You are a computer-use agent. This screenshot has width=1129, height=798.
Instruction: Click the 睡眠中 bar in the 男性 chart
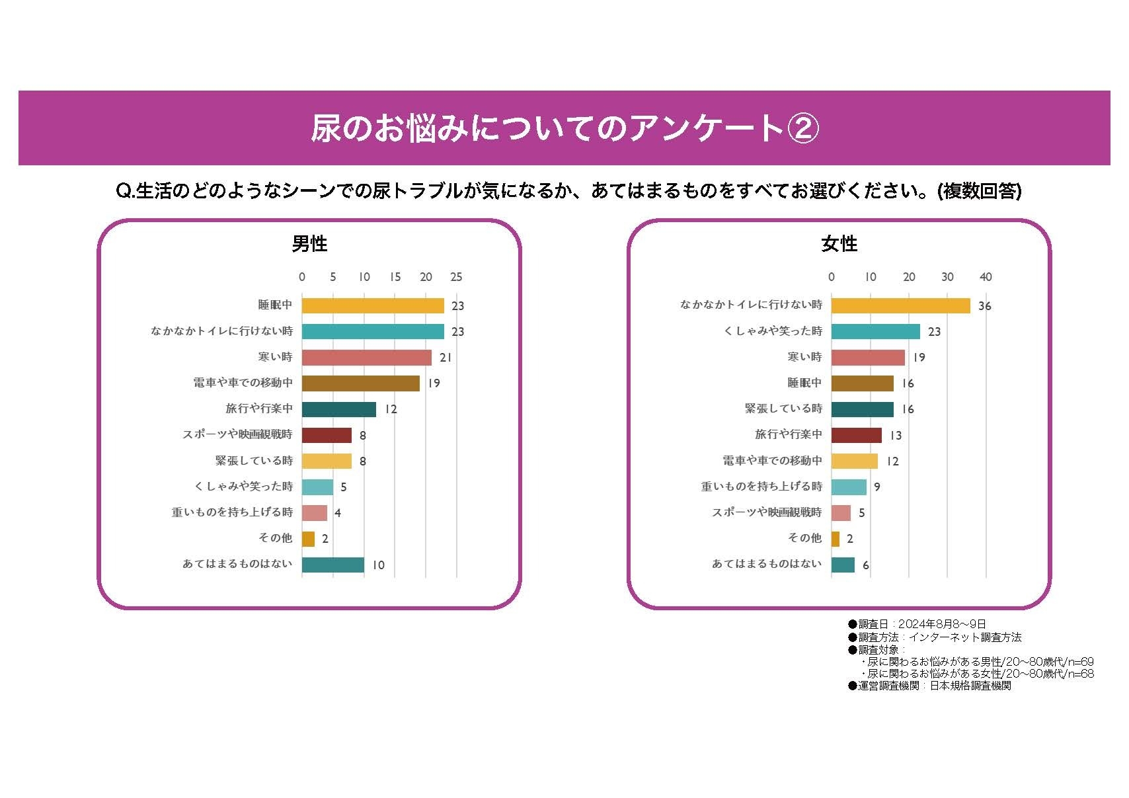tap(373, 305)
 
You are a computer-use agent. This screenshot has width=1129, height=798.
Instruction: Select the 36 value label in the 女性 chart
tap(984, 306)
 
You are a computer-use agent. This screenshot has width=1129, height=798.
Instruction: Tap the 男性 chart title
tap(309, 244)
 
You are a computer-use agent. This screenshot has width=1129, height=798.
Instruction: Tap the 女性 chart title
tap(839, 244)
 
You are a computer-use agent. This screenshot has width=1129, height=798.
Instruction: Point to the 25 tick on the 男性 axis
tap(456, 277)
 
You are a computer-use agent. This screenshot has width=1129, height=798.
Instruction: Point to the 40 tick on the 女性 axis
tap(986, 277)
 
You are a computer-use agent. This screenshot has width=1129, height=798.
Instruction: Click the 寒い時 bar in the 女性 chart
tap(868, 358)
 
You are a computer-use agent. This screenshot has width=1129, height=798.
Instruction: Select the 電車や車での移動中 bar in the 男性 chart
tap(361, 383)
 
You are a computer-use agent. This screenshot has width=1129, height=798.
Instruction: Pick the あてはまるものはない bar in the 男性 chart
tap(333, 565)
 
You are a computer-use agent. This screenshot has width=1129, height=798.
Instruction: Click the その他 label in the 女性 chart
tap(804, 538)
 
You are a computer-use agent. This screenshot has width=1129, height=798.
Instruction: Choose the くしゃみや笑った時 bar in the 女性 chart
tap(875, 332)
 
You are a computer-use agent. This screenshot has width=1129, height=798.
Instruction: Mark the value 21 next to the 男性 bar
tap(446, 358)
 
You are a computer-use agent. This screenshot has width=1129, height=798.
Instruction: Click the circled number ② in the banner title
tap(804, 128)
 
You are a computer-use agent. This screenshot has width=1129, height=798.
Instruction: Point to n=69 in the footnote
tap(1081, 662)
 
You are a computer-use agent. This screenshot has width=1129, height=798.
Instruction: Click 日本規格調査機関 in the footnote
tap(970, 686)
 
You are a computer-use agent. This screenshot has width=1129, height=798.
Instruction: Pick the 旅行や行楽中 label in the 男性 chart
tap(259, 409)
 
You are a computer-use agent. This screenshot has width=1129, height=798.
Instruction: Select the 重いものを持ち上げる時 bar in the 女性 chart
tap(849, 487)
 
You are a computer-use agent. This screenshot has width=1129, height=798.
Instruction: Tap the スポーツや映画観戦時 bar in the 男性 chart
tap(327, 435)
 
